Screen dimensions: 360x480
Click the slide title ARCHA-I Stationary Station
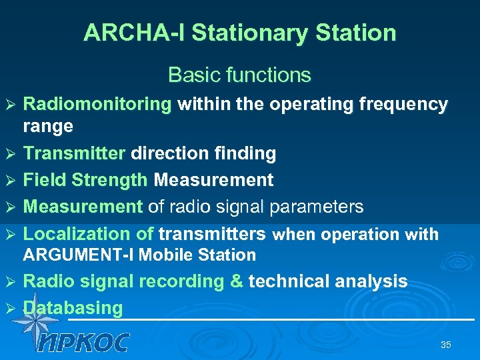[239, 33]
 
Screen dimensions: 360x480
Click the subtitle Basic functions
[239, 75]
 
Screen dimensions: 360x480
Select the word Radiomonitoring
[97, 104]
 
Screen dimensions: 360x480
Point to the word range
[48, 126]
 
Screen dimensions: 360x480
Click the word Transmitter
[74, 153]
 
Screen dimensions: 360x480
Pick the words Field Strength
[85, 180]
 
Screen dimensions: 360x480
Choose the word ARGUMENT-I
[79, 255]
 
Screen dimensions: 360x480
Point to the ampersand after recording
[236, 281]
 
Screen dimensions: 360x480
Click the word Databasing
[73, 308]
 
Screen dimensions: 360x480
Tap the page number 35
[446, 345]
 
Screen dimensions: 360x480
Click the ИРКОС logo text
[83, 342]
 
